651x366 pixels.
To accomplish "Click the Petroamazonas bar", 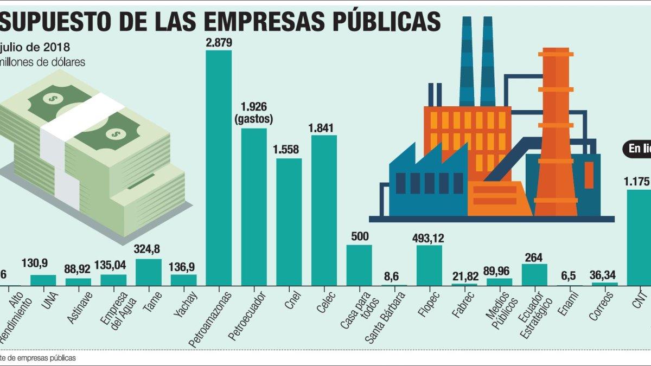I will pyautogui.click(x=219, y=168).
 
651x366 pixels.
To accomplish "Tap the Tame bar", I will pyautogui.click(x=148, y=272).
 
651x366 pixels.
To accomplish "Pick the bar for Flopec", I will pyautogui.click(x=429, y=265).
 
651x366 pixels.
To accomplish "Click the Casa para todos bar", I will pyautogui.click(x=359, y=265).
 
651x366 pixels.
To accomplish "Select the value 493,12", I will pyautogui.click(x=429, y=237).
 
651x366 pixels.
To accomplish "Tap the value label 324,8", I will pyautogui.click(x=148, y=251).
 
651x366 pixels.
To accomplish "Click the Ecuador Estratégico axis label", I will pyautogui.click(x=534, y=314).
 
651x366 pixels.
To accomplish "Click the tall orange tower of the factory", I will pyautogui.click(x=555, y=130).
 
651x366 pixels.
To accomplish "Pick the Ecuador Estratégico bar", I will pyautogui.click(x=534, y=274).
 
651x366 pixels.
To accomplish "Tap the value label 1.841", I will pyautogui.click(x=324, y=128).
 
